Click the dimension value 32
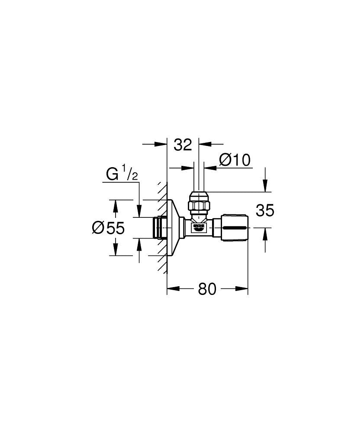pyautogui.click(x=183, y=145)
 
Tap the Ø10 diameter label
pyautogui.click(x=235, y=160)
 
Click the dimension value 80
pyautogui.click(x=207, y=289)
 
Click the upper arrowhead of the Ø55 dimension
pyautogui.click(x=115, y=204)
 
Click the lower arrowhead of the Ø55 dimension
pyautogui.click(x=115, y=251)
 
